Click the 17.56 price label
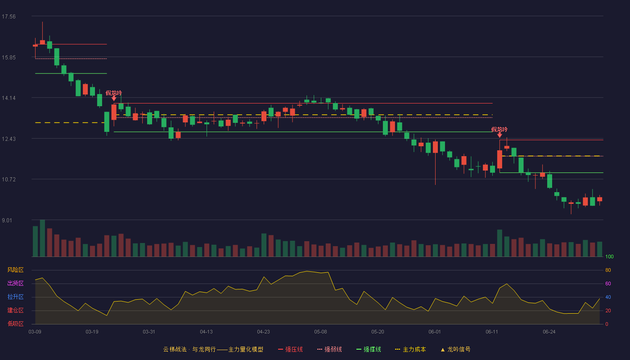[x=9, y=17]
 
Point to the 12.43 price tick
[x=9, y=139]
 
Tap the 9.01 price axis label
[x=7, y=220]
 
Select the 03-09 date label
[x=35, y=332]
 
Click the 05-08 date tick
[x=320, y=332]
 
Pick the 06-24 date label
[x=549, y=332]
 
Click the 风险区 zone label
[x=15, y=270]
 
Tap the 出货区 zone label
[x=15, y=283]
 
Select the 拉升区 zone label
[x=15, y=297]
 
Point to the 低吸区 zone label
[x=15, y=324]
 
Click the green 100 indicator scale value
[x=609, y=256]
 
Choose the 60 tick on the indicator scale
[x=608, y=283]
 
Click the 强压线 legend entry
[x=290, y=349]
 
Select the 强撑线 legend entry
[x=369, y=349]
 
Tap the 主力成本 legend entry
[x=410, y=349]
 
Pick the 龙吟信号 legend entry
[x=455, y=349]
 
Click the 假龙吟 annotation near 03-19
[x=113, y=93]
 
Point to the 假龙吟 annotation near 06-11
[x=499, y=130]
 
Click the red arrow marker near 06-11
[x=499, y=135]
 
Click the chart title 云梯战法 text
[x=175, y=349]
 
